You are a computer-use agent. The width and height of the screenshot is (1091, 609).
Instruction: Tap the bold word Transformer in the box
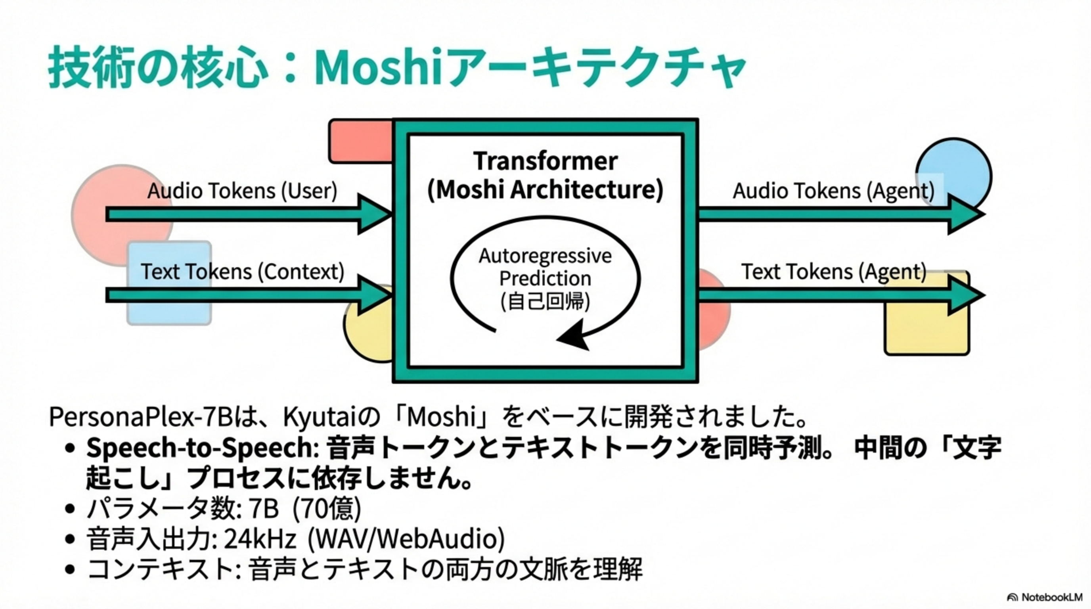coord(545,161)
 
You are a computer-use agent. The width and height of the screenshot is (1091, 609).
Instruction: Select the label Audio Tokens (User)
coord(242,191)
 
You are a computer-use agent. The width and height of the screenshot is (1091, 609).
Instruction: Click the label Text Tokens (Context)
coord(242,272)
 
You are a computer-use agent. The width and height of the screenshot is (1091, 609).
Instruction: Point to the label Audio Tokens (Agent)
coord(833,191)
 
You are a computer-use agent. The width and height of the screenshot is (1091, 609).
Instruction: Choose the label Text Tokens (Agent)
coord(833,272)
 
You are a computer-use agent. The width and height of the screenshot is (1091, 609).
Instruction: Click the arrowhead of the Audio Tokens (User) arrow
coord(375,214)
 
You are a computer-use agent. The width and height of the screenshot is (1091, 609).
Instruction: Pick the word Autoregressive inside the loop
coord(545,256)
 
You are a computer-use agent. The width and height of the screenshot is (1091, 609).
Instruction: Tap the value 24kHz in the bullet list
coord(259,539)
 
